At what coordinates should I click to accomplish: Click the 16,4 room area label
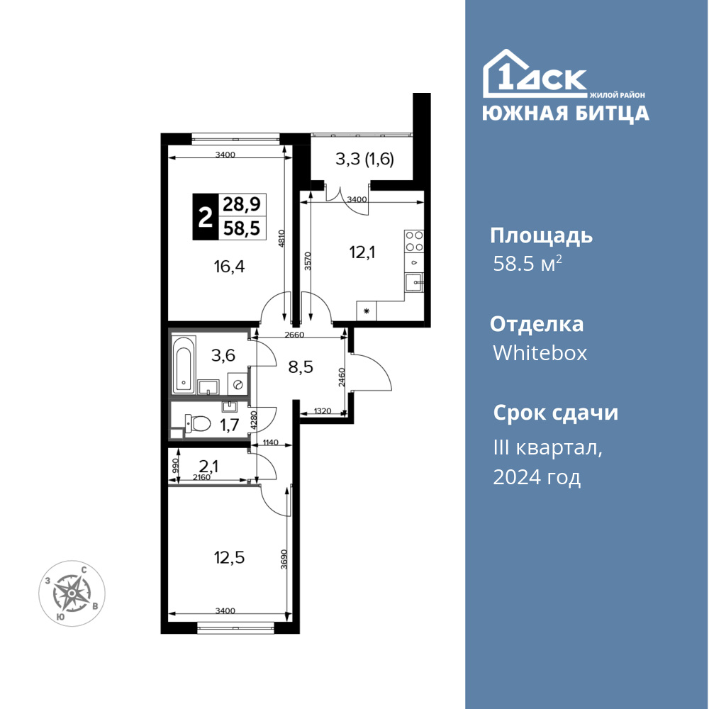pos(229,267)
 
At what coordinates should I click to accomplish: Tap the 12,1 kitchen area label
pos(362,252)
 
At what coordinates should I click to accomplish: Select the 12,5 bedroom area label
pos(229,557)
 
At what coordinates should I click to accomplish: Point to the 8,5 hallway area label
pos(301,367)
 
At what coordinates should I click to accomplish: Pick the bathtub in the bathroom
pos(184,364)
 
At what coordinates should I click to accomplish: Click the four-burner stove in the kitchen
pos(414,241)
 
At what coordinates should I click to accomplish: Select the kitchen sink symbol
pos(414,283)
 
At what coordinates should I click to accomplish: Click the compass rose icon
pos(72,593)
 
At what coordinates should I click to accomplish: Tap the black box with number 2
pos(206,216)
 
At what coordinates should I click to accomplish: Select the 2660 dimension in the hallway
pos(294,335)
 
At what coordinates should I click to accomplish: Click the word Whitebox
pos(540,352)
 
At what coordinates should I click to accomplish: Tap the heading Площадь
pos(541,236)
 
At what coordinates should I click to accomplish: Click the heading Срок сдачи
pos(555,413)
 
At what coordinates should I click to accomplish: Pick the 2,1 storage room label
pos(208,466)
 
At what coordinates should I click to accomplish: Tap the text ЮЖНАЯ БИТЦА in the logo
pos(566,113)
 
